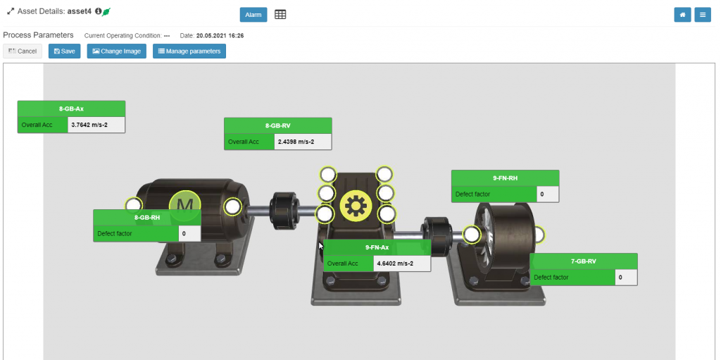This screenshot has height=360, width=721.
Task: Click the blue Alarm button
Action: coord(253,15)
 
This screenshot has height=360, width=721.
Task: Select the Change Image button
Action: coord(117,51)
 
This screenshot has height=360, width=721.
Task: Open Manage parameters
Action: coord(189,51)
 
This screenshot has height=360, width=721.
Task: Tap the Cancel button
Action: coord(23,51)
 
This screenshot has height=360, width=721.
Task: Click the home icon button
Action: coord(683,15)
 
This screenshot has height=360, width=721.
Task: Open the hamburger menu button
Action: coord(703,15)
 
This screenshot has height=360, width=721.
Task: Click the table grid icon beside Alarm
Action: coord(280,15)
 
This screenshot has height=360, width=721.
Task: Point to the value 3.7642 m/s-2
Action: coord(89,124)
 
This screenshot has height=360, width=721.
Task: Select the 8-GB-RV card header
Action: coord(277,125)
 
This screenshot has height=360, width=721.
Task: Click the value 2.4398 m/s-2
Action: coord(296,142)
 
